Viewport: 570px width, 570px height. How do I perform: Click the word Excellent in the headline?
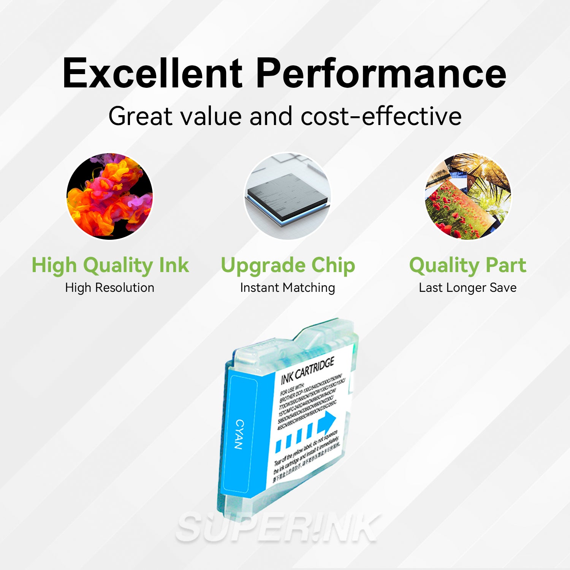coord(152,73)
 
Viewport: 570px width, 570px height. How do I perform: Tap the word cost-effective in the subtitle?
coord(381,116)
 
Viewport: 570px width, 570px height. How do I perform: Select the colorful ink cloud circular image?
coord(110,196)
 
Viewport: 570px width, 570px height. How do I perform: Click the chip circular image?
coord(288,196)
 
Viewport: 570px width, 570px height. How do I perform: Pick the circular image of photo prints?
coord(468,196)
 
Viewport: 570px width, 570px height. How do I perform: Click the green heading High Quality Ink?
coord(110,265)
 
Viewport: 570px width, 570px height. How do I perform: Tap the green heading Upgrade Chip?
coord(288,265)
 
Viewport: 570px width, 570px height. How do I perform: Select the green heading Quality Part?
coord(468,265)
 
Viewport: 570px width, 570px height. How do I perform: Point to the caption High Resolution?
coord(110,288)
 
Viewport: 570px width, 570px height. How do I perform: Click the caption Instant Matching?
coord(288,288)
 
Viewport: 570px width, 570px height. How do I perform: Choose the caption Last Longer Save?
coord(468,288)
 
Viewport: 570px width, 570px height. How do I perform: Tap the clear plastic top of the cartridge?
coord(323,334)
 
